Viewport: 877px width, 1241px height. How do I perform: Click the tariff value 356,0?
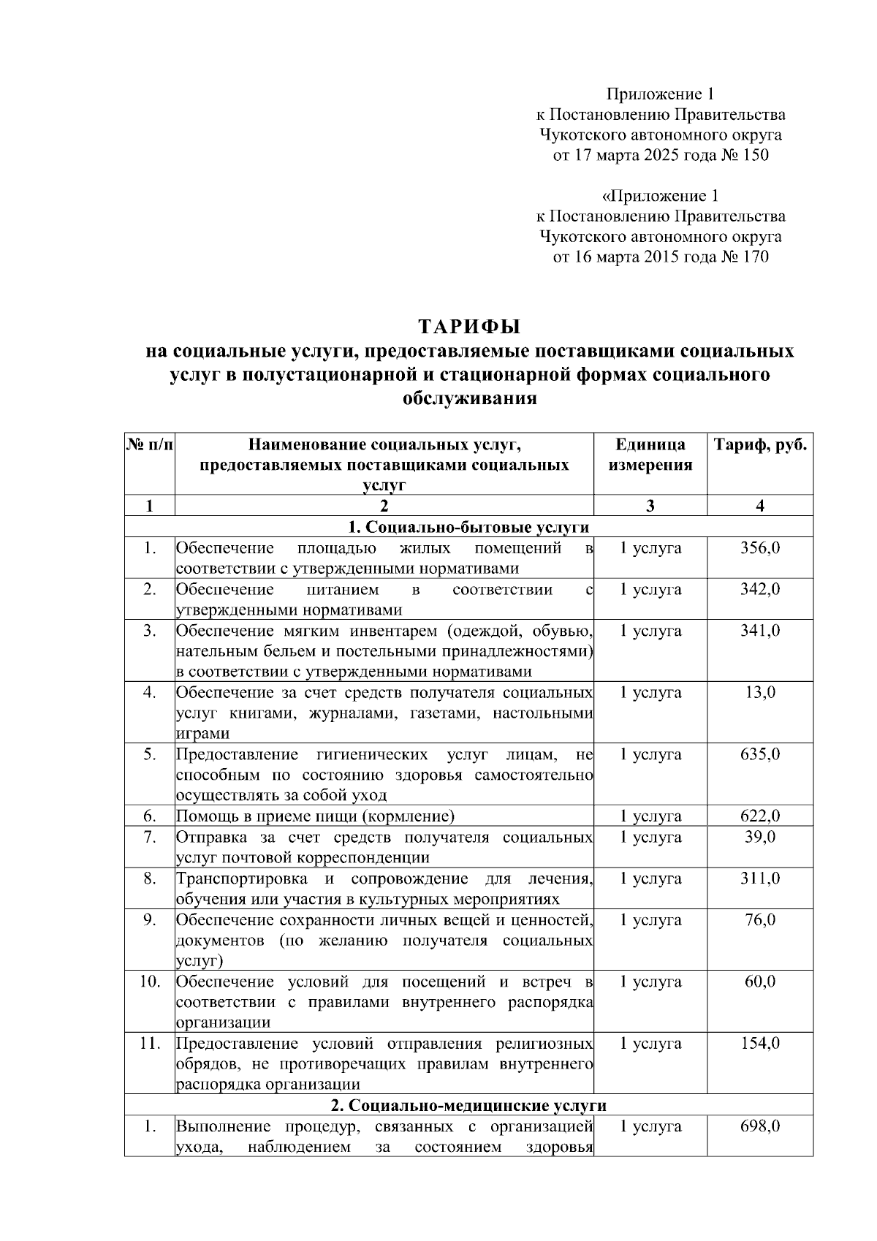760,548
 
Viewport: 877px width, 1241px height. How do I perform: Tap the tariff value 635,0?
760,754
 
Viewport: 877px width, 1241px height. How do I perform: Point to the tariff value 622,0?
760,816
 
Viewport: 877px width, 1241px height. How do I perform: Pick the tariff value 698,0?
760,1126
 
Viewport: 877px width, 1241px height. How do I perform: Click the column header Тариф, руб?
760,445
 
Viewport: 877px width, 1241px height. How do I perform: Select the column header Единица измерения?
650,455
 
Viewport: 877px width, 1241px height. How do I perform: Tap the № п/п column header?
150,445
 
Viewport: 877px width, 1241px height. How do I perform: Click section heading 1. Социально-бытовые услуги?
468,527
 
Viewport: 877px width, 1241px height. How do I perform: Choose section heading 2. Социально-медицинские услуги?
468,1105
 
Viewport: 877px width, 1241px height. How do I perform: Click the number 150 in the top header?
754,156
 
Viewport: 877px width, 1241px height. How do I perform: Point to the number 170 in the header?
754,257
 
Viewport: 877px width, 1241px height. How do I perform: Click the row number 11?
150,1044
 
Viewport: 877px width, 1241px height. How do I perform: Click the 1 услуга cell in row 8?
650,878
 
